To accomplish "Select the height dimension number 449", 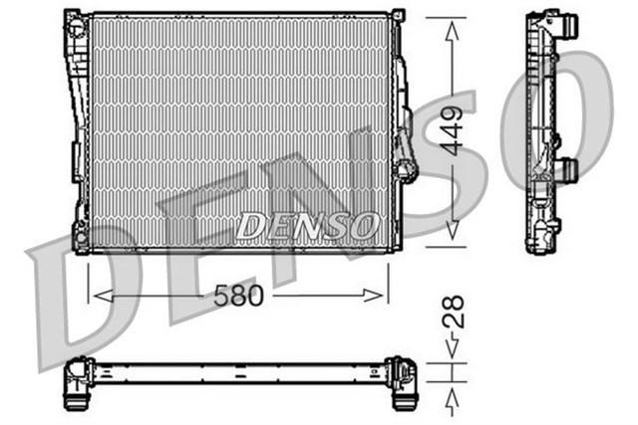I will point(453,128).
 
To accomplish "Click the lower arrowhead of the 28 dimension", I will point(453,394).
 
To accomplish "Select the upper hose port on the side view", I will point(569,26).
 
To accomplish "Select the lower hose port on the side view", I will point(568,169).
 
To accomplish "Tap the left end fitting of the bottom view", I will point(80,383).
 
